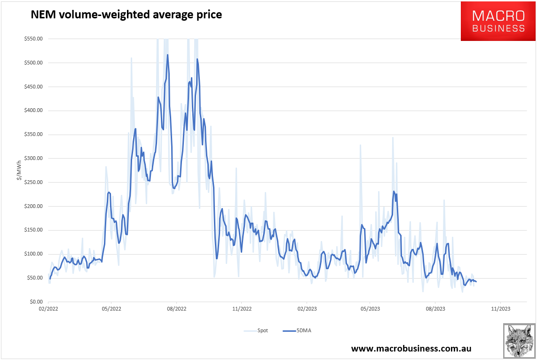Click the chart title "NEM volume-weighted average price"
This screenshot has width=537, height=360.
(x=126, y=15)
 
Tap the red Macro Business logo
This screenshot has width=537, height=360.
(x=498, y=21)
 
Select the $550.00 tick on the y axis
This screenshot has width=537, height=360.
(x=33, y=39)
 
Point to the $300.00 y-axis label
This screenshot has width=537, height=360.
(x=33, y=159)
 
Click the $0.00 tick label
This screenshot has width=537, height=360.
(x=36, y=302)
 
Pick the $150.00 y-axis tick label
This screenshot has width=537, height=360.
(x=33, y=230)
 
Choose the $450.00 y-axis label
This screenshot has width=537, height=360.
(x=33, y=87)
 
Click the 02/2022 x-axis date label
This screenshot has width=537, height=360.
(x=48, y=309)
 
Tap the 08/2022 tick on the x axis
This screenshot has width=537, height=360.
(x=176, y=309)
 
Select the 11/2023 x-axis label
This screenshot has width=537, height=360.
(x=499, y=309)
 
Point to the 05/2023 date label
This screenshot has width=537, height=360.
(x=370, y=309)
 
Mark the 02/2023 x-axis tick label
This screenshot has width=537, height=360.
(x=306, y=309)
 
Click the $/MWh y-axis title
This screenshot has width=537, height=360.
(x=19, y=170)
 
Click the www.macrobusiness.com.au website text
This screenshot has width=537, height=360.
(x=411, y=348)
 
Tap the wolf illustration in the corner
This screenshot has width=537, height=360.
(x=519, y=340)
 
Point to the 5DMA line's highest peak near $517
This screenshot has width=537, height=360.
(x=167, y=55)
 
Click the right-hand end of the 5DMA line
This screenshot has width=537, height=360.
(x=476, y=282)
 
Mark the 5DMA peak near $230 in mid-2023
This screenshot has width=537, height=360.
(x=394, y=191)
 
